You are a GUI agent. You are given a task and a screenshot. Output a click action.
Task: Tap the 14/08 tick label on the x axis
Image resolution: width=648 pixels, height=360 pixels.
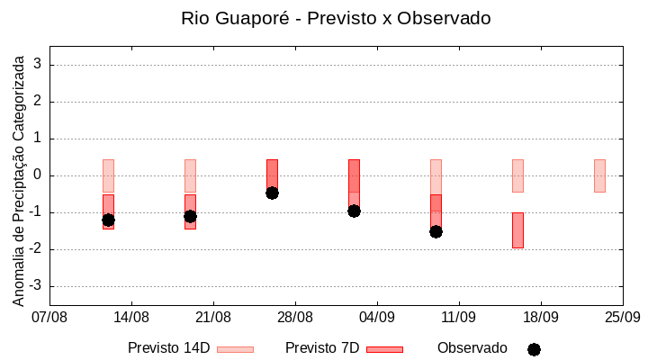point(131,317)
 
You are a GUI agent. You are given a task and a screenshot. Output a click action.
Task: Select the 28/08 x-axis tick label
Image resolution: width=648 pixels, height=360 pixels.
point(295,317)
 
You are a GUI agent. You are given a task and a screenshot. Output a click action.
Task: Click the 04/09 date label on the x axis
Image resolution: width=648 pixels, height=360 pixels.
point(377,317)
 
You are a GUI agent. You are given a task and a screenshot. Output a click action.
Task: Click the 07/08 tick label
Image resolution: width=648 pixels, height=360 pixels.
point(49,317)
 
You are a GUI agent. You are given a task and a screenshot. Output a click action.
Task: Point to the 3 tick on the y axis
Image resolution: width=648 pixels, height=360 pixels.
point(39,65)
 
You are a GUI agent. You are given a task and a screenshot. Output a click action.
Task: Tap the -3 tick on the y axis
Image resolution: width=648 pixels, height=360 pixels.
point(35,286)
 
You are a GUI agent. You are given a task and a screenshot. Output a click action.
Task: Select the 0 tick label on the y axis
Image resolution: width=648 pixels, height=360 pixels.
point(39,175)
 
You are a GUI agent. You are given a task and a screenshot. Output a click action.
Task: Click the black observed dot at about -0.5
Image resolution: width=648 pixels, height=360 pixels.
point(272,193)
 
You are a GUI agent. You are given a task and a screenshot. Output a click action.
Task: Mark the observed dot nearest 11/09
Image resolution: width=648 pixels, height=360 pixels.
point(436,231)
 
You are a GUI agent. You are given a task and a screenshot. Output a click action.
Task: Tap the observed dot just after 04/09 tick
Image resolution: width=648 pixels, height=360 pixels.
point(354,211)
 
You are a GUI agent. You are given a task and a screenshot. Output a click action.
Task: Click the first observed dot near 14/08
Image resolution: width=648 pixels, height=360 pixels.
point(108,220)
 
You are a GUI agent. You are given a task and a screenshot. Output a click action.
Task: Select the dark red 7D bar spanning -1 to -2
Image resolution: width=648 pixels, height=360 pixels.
point(517,229)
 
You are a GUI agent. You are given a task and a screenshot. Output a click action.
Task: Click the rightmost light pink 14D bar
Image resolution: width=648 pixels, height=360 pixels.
point(599,175)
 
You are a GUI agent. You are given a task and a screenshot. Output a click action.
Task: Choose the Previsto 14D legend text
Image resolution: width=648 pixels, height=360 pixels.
point(168,347)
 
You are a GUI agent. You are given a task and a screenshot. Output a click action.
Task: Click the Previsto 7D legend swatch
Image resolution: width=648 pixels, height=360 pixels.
point(384,348)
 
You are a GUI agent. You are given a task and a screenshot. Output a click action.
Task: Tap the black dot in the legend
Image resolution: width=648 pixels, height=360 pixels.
point(534,349)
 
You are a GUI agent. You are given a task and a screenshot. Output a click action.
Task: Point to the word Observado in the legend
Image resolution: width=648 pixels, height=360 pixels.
point(472,347)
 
